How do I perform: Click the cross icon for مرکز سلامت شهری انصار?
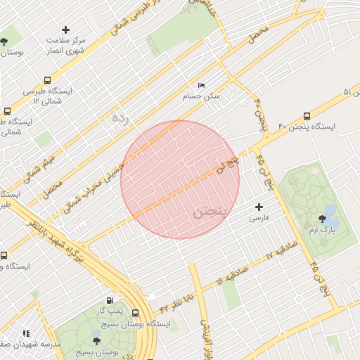pyautogui.click(x=66, y=30)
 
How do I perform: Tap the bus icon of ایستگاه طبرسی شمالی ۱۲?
pyautogui.click(x=47, y=81)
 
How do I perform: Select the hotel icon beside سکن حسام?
pyautogui.click(x=201, y=85)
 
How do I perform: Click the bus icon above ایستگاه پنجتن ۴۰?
pyautogui.click(x=307, y=116)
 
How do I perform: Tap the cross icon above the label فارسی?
pyautogui.click(x=259, y=207)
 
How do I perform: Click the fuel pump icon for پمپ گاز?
pyautogui.click(x=108, y=300)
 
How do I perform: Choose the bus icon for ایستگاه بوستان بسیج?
pyautogui.click(x=135, y=314)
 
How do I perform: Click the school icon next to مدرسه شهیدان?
pyautogui.click(x=26, y=333)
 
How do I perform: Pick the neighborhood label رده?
pyautogui.click(x=120, y=117)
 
